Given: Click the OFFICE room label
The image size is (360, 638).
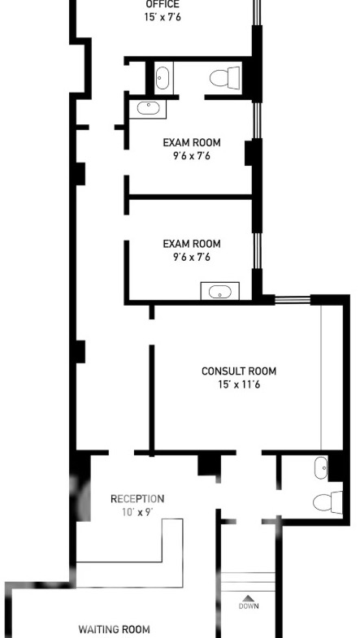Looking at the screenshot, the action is (x=163, y=5).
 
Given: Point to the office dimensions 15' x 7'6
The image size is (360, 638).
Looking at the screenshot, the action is (x=163, y=18).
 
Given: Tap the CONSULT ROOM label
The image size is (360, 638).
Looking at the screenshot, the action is (x=239, y=371).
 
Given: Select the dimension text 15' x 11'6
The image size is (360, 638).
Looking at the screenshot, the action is (x=239, y=384).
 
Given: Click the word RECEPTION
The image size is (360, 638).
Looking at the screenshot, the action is (x=137, y=499).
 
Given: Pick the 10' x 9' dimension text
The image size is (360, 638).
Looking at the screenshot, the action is (x=137, y=512).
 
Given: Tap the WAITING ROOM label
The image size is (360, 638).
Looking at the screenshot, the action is (x=114, y=629).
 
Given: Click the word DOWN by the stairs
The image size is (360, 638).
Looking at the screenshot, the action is (x=248, y=606).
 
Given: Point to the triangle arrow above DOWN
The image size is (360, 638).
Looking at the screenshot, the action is (x=248, y=598).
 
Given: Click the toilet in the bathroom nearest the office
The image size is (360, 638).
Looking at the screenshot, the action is (x=225, y=77).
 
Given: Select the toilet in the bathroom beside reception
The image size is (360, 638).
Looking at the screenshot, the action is (x=327, y=502).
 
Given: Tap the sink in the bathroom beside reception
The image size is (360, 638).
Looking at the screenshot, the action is (x=321, y=467).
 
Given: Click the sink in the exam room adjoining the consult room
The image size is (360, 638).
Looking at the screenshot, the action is (x=219, y=291).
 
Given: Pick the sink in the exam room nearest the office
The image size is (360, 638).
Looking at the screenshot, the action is (x=148, y=109).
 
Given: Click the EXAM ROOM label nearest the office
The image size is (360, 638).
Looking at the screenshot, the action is (x=192, y=143).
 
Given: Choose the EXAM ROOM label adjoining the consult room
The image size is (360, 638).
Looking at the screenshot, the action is (x=192, y=244).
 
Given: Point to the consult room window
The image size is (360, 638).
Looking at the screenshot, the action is (x=293, y=300).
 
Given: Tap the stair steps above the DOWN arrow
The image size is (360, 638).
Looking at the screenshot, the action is (x=248, y=582).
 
